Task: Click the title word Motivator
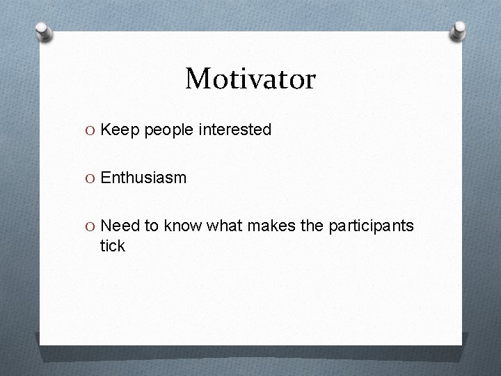[x=250, y=79]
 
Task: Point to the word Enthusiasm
[x=143, y=178]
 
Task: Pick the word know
[x=183, y=226]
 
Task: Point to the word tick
[x=113, y=245]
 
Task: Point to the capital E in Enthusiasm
[x=106, y=178]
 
